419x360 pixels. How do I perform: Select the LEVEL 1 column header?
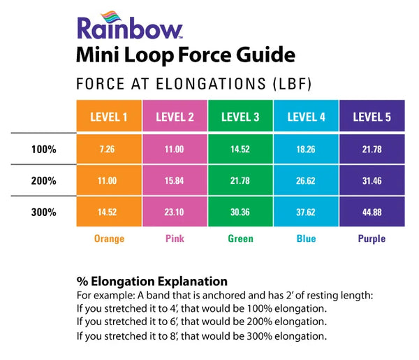click(109, 117)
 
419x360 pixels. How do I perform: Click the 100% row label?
click(43, 149)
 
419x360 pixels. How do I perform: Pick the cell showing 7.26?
click(108, 150)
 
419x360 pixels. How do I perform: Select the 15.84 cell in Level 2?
click(175, 181)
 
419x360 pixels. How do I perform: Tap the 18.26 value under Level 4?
click(307, 150)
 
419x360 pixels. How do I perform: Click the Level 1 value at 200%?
click(108, 181)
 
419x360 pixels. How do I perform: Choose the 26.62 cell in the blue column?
click(307, 181)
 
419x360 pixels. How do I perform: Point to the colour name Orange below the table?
click(109, 238)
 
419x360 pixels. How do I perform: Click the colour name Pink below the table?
click(175, 238)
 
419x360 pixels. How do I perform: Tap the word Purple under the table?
click(372, 238)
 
